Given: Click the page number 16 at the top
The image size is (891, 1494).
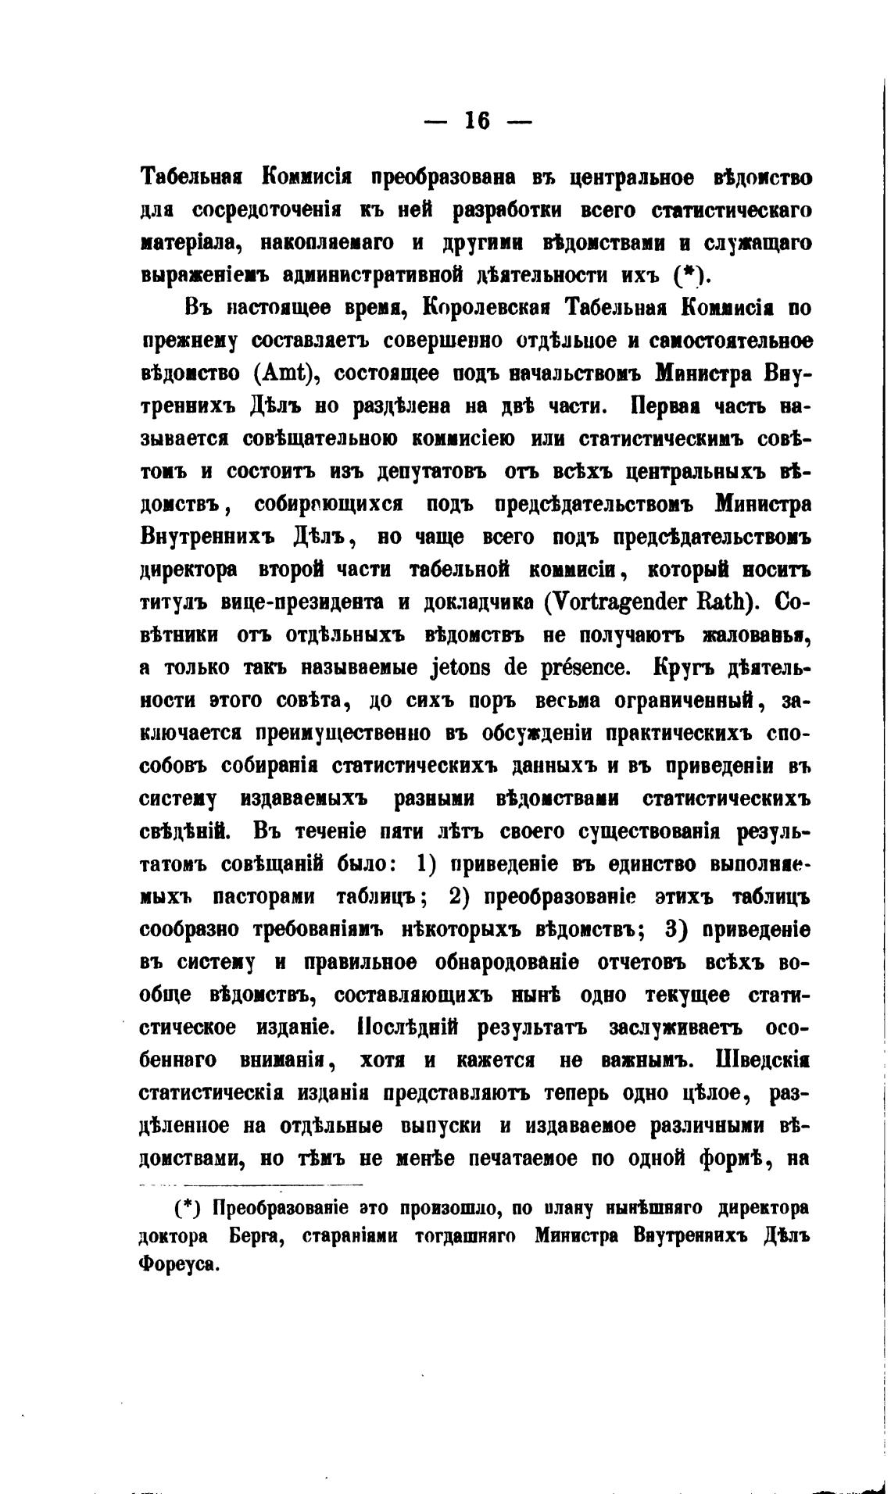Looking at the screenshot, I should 477,120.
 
